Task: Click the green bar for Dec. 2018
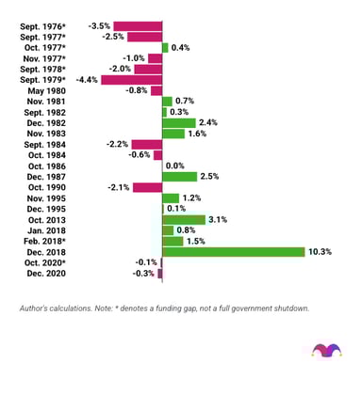[233, 251]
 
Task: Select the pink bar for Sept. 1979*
[131, 79]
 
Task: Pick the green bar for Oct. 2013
[183, 219]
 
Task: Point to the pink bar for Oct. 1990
[147, 187]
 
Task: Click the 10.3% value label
[321, 251]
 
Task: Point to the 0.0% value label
[175, 166]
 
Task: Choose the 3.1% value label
[219, 219]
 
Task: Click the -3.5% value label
[100, 25]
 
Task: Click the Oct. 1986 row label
[47, 166]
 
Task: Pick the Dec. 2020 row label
[47, 273]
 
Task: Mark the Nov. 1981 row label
[47, 101]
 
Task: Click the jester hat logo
[323, 350]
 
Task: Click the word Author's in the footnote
[35, 308]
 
